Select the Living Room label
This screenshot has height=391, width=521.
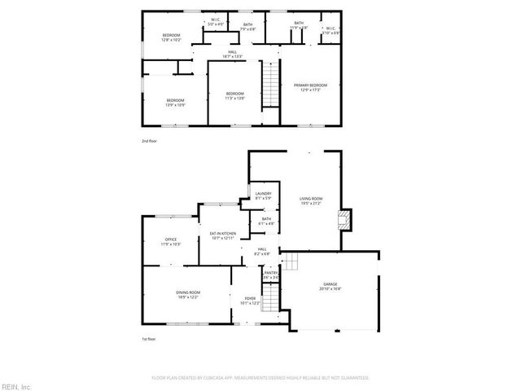[310, 200]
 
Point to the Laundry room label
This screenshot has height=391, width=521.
[263, 195]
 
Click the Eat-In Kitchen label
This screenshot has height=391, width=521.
[223, 236]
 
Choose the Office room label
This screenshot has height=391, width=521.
[171, 242]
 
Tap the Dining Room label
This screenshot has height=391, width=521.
[187, 295]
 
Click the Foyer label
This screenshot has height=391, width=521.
[250, 301]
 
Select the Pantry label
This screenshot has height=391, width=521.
[270, 275]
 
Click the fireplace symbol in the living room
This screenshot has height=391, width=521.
[345, 217]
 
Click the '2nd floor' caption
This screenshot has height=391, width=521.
[149, 141]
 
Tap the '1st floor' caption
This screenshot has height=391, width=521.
[148, 339]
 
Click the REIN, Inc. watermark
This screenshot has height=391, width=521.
[16, 385]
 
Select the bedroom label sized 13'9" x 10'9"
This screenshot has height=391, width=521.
[175, 103]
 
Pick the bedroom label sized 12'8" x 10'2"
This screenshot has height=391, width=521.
[171, 37]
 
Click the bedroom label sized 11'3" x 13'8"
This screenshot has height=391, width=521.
[234, 96]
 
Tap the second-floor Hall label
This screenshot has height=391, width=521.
[233, 55]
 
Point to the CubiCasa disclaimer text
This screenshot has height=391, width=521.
[260, 378]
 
